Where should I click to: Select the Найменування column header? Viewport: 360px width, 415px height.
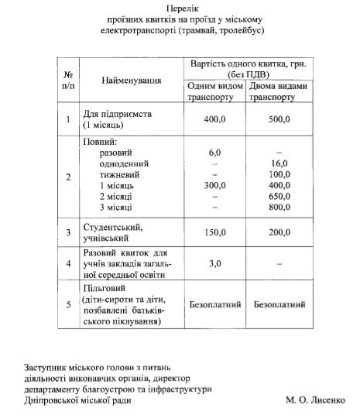click(x=131, y=81)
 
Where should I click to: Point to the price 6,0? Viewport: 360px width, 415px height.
click(x=215, y=153)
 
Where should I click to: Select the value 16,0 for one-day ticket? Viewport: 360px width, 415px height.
click(x=279, y=164)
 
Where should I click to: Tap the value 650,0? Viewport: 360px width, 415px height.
click(x=279, y=197)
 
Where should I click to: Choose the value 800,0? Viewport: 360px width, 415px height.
click(x=279, y=208)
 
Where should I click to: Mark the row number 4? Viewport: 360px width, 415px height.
click(x=69, y=263)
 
